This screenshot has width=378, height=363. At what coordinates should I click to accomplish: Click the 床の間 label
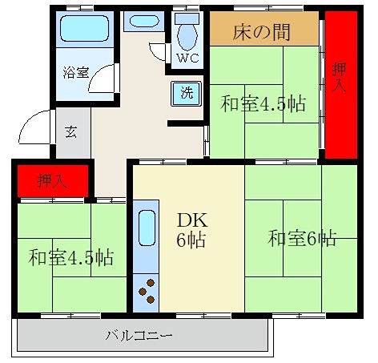(x=261, y=33)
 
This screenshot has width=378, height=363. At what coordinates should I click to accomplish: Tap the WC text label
(x=188, y=58)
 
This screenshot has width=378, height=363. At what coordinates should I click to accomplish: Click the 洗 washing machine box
(x=185, y=92)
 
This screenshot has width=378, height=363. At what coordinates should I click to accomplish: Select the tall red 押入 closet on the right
(x=340, y=84)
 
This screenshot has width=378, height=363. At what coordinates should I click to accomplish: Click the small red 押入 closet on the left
(x=53, y=180)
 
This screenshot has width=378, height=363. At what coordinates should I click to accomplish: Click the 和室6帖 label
(x=302, y=239)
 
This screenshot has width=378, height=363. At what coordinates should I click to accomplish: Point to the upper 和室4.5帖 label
(x=263, y=104)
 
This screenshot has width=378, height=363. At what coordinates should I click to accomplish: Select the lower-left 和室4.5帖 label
(x=70, y=258)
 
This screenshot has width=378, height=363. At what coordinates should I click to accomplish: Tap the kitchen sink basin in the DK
(x=146, y=229)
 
